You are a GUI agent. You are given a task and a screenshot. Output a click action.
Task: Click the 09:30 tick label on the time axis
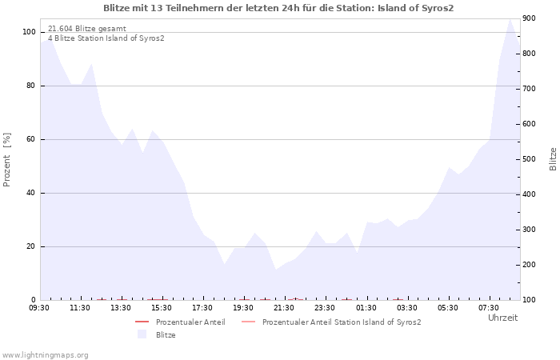[x=39, y=308]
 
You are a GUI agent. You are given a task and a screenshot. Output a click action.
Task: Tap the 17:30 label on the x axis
[x=202, y=308]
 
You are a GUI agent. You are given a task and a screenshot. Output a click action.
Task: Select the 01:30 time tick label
[x=366, y=308]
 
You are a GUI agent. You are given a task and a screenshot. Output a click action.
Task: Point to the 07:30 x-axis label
[x=489, y=308]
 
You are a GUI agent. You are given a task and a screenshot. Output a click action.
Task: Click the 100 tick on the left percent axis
[x=29, y=32]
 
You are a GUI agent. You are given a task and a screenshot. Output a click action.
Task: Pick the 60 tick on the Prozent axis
[x=30, y=139]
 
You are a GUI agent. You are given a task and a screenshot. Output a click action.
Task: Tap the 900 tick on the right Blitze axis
[x=529, y=18]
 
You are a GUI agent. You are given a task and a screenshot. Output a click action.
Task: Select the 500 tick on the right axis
[x=529, y=159]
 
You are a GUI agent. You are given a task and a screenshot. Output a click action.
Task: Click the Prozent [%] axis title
[x=6, y=160]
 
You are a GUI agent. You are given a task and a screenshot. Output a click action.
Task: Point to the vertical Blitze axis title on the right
[x=553, y=159]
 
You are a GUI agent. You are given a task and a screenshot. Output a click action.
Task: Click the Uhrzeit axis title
[x=503, y=318]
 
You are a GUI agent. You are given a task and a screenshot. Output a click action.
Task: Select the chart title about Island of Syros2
[x=278, y=8]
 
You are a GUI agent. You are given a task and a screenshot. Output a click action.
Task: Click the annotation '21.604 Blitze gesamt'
[x=87, y=29]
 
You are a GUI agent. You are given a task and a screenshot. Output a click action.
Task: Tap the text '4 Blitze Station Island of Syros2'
[x=106, y=38]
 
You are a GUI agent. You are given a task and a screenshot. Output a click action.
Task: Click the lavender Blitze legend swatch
[x=142, y=334]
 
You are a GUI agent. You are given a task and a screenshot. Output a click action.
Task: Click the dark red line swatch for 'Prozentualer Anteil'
[x=142, y=322]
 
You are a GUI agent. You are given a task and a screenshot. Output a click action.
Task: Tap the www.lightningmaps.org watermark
[x=45, y=355]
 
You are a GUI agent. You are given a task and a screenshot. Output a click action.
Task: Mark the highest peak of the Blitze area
[x=510, y=19]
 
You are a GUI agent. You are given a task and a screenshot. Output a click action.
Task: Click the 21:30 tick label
[x=284, y=308]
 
